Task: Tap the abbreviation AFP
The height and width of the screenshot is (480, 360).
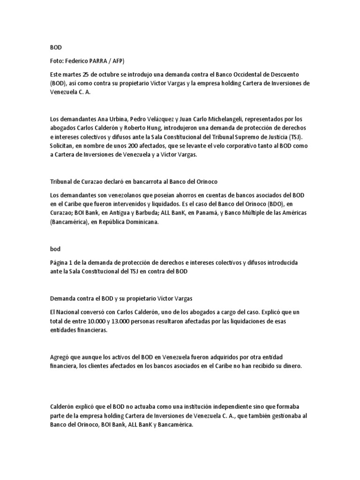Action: coord(121,60)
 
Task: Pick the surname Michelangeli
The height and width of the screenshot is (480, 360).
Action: coord(214,120)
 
